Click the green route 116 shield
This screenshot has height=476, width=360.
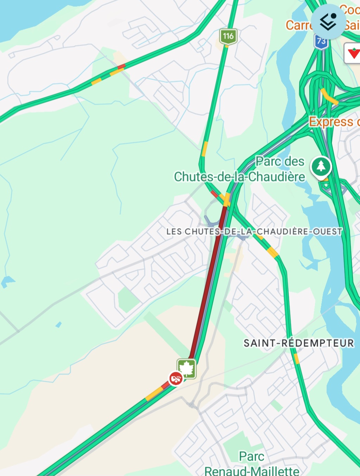pyautogui.click(x=228, y=36)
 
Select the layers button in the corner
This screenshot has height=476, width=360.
pyautogui.click(x=328, y=21)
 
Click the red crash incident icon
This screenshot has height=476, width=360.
pyautogui.click(x=175, y=379)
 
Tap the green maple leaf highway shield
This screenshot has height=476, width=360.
pyautogui.click(x=187, y=368)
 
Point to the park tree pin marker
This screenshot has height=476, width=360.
pyautogui.click(x=321, y=167)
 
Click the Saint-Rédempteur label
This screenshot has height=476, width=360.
pyautogui.click(x=298, y=343)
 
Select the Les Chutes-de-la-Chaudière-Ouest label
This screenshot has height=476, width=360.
pyautogui.click(x=254, y=231)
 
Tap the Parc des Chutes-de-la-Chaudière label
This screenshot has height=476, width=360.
pyautogui.click(x=240, y=169)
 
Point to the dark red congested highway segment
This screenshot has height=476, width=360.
pyautogui.click(x=207, y=281)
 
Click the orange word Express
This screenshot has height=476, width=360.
pyautogui.click(x=331, y=122)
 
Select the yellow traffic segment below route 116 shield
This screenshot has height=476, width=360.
pyautogui.click(x=204, y=148)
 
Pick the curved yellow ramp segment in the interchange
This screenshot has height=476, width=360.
pyautogui.click(x=329, y=96)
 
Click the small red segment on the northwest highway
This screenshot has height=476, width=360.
pyautogui.click(x=121, y=66)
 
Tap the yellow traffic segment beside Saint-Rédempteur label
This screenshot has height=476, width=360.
pyautogui.click(x=296, y=358)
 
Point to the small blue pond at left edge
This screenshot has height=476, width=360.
pyautogui.click(x=7, y=281)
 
